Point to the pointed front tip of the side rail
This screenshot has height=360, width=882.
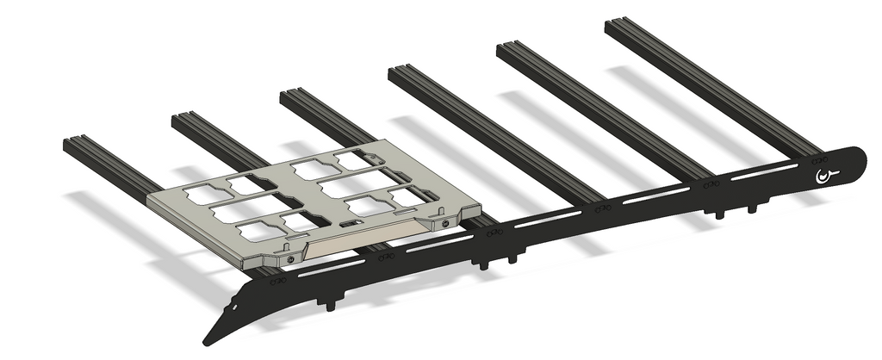[207, 342]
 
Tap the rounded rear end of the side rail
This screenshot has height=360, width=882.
[859, 158]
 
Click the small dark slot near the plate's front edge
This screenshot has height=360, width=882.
[348, 224]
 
